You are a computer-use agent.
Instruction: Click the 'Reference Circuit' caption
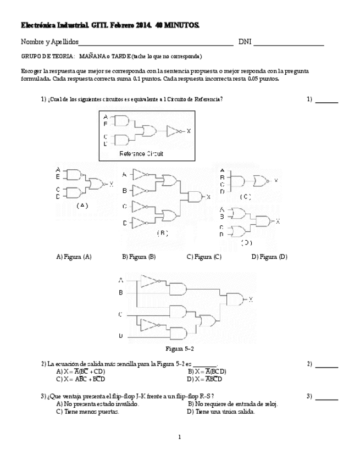click(141, 154)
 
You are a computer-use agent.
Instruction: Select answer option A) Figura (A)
click(74, 257)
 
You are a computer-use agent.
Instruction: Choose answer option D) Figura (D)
click(269, 257)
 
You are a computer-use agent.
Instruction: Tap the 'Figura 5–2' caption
click(180, 349)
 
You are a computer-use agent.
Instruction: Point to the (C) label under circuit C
click(245, 196)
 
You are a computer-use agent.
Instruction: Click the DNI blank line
click(289, 45)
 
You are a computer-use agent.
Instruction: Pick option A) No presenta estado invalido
click(97, 404)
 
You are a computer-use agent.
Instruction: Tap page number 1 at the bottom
click(180, 437)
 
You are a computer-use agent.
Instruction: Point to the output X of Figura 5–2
click(251, 299)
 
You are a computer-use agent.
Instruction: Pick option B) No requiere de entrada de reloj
click(232, 404)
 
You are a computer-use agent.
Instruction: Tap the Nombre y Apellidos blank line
click(157, 45)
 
